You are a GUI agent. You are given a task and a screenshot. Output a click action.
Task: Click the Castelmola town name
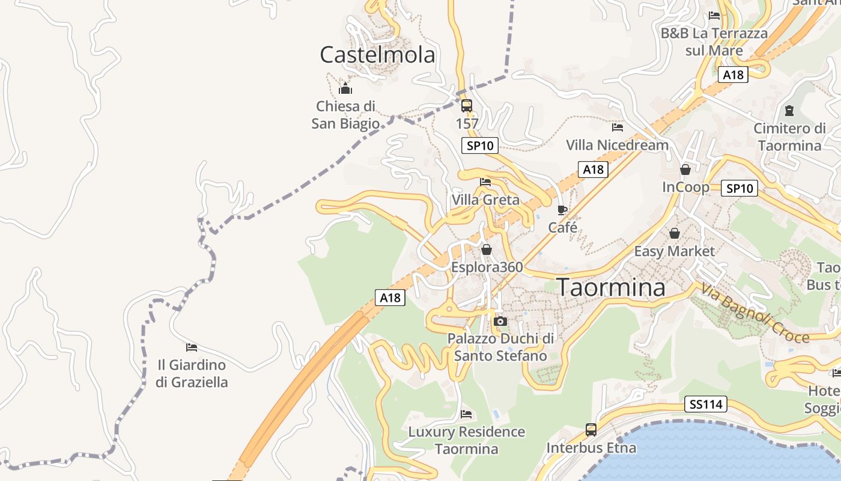click(377, 55)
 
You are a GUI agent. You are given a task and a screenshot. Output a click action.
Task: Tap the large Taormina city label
click(612, 287)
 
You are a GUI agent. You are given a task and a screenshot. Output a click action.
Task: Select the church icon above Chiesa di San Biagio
click(345, 89)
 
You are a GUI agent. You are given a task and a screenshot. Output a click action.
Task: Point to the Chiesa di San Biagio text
click(345, 115)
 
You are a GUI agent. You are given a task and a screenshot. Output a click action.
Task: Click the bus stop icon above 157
click(467, 106)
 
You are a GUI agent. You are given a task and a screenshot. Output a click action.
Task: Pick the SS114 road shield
click(705, 404)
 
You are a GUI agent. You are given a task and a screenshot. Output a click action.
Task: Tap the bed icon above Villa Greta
click(485, 182)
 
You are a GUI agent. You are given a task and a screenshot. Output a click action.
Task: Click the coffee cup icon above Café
click(562, 210)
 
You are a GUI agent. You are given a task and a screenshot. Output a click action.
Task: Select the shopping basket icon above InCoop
click(685, 170)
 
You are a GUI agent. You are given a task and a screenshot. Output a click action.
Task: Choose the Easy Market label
click(675, 251)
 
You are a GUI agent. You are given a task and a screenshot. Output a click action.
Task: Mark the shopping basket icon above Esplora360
click(487, 249)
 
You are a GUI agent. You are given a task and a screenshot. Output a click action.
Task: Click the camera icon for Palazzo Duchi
click(500, 322)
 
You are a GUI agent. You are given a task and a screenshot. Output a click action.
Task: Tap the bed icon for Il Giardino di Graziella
click(192, 347)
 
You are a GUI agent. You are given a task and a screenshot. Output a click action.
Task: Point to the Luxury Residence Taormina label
click(467, 440)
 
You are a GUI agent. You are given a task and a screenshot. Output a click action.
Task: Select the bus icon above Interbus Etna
click(591, 430)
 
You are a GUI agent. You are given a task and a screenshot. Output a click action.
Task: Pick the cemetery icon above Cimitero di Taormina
click(789, 111)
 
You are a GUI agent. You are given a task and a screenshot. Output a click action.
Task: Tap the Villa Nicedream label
click(617, 145)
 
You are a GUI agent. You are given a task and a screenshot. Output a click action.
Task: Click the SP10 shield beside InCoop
click(739, 188)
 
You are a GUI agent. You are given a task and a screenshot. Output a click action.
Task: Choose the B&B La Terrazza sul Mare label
click(714, 41)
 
